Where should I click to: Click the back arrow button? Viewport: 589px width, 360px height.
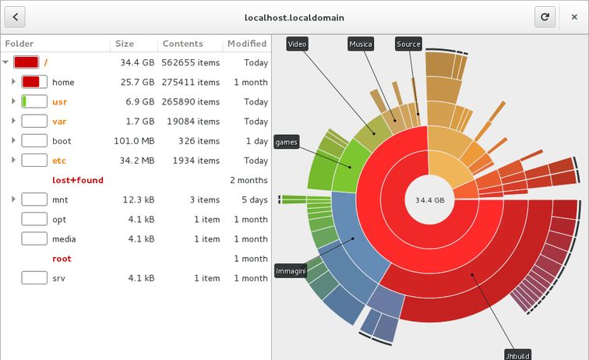[x=16, y=16]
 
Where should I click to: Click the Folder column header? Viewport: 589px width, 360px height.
[x=19, y=44]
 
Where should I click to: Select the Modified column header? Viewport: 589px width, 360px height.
[x=246, y=44]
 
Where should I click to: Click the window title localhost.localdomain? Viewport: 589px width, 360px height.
[x=293, y=16]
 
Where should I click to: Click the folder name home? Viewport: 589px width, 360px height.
[x=63, y=83]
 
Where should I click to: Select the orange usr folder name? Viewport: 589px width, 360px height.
[x=60, y=102]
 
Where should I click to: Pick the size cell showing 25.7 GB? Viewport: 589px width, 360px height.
[x=137, y=83]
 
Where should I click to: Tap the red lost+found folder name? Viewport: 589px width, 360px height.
[x=77, y=180]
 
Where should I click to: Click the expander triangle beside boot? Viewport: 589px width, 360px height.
[x=13, y=141]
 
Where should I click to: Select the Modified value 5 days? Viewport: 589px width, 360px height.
[x=253, y=200]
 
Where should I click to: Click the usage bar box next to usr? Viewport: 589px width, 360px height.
[x=34, y=102]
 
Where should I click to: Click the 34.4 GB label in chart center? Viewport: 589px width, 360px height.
[x=429, y=200]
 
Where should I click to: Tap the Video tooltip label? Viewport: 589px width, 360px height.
[x=297, y=44]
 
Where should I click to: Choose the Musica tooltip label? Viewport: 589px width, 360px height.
[x=360, y=44]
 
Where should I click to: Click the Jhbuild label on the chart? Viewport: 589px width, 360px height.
[x=517, y=353]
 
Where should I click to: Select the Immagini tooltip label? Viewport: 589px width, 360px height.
[x=290, y=271]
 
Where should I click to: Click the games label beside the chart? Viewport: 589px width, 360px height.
[x=286, y=142]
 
